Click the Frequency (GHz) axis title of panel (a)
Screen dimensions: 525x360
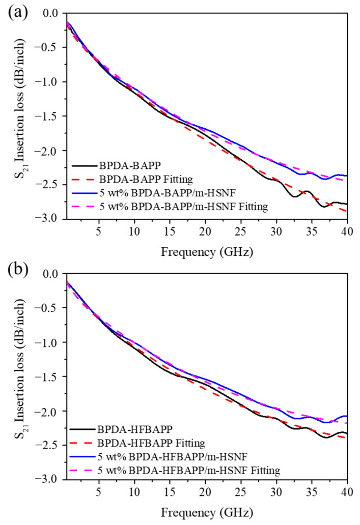coord(206,251)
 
